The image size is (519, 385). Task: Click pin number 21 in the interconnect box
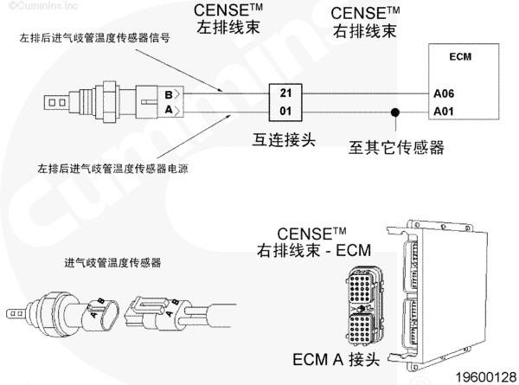pos(285,93)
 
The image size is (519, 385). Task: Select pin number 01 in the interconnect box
pos(285,110)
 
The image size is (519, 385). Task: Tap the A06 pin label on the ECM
pos(444,93)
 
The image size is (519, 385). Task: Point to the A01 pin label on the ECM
pos(444,110)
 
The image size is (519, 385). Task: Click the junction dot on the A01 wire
pos(396,111)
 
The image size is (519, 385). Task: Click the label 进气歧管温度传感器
pos(113,262)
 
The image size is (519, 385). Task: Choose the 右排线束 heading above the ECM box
pos(366,32)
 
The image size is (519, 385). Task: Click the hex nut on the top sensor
pos(110,101)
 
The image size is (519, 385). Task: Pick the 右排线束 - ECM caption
pos(313,251)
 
